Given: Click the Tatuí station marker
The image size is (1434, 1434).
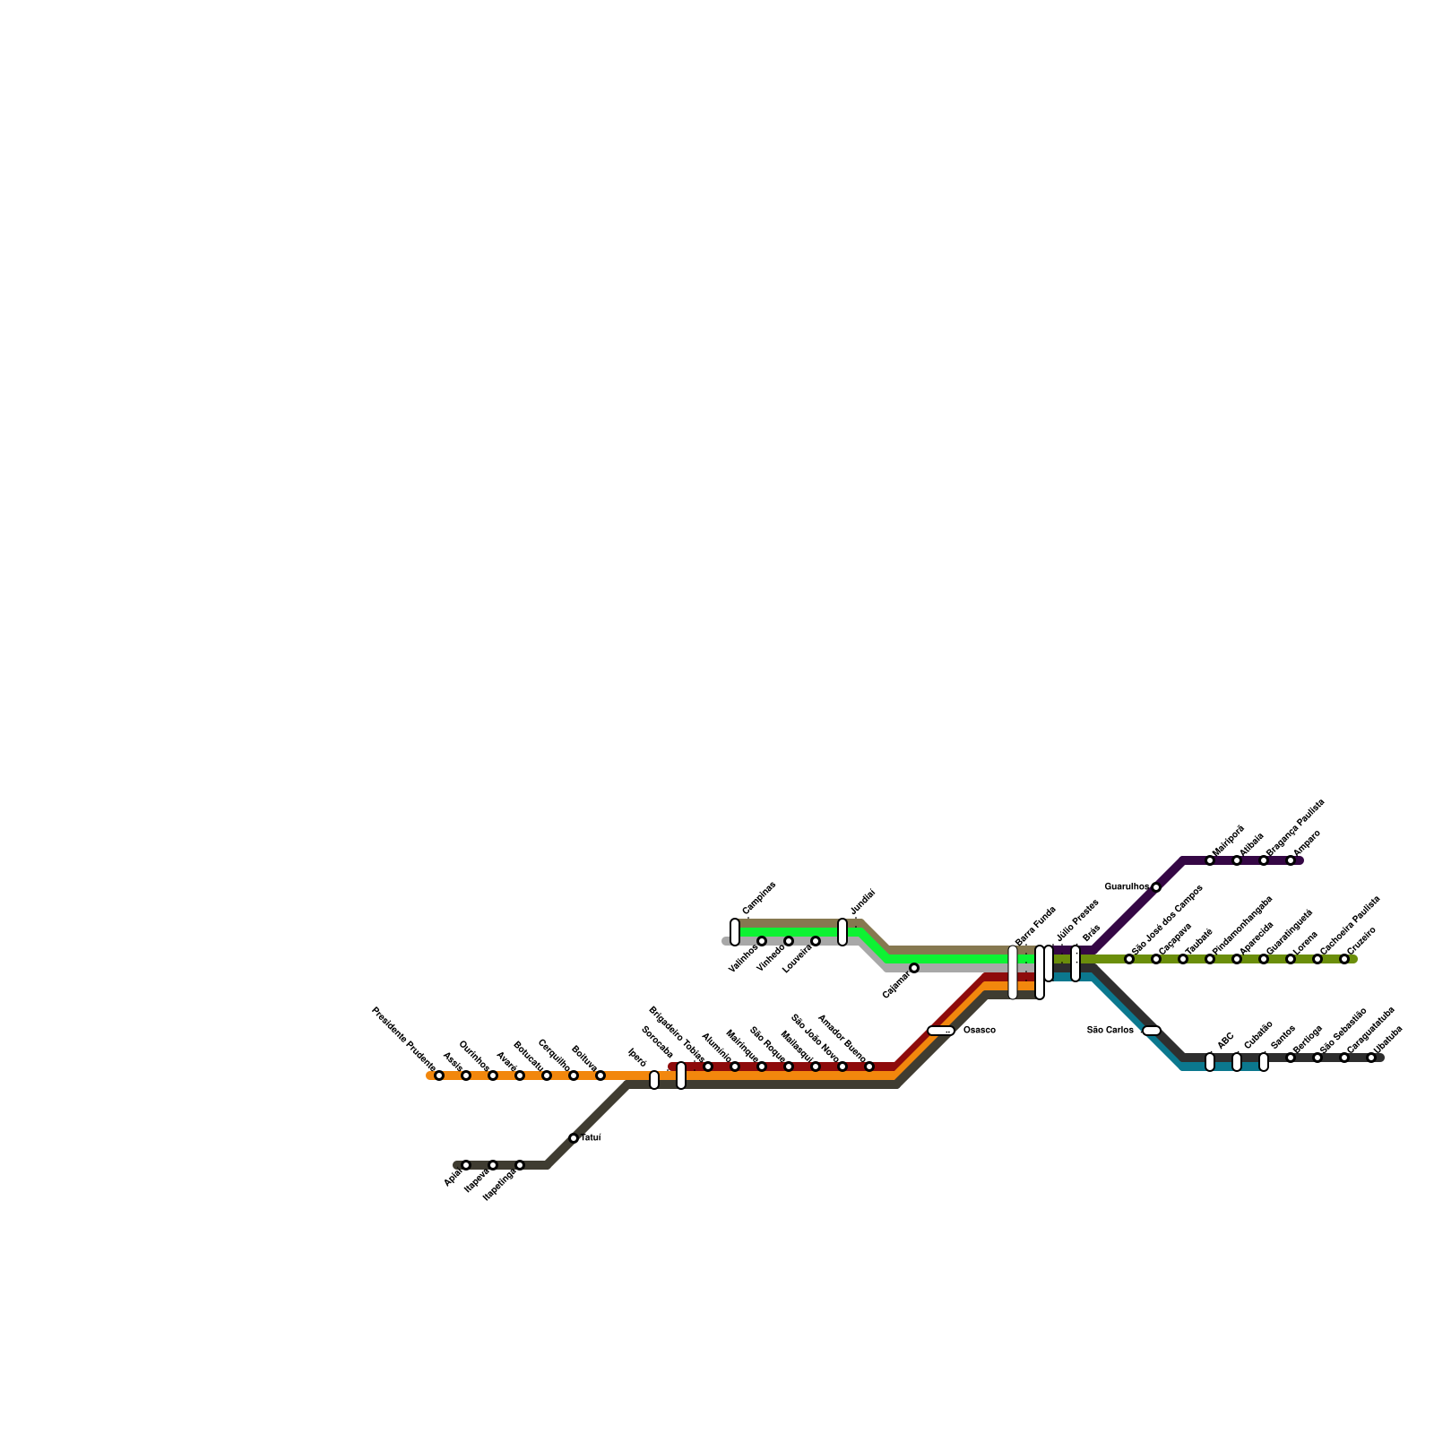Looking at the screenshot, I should click(574, 1138).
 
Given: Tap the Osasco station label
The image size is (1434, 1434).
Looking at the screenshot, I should click(979, 1031).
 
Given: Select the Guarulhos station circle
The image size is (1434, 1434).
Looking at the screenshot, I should click(1156, 887).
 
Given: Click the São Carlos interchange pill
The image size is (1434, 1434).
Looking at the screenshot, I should click(1152, 1031).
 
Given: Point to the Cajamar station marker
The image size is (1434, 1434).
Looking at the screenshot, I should click(914, 968).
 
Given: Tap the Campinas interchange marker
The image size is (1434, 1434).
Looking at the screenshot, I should click(735, 932).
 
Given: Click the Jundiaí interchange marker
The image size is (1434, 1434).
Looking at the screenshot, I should click(842, 932).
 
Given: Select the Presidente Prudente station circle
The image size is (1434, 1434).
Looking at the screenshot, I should click(439, 1075).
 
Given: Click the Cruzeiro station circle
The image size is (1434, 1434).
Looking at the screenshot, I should click(1344, 959).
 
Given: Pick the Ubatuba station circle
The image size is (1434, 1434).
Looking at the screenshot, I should click(1371, 1058).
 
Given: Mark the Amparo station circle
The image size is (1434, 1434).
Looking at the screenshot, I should click(1291, 860).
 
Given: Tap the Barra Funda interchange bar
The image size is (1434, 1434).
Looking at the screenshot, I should click(1013, 972).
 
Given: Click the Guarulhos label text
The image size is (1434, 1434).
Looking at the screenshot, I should click(1127, 887).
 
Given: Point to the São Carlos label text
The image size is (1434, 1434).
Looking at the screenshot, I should click(1110, 1031).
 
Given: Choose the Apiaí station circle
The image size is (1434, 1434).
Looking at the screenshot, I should click(466, 1165).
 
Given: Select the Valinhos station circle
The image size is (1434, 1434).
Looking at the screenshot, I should click(762, 941).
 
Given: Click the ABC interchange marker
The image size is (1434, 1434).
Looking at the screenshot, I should click(1210, 1062).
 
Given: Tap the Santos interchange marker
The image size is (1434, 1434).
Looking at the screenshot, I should click(1264, 1062).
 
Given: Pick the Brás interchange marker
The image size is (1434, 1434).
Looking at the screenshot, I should click(1075, 963).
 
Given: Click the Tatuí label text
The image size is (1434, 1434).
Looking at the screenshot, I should click(592, 1138).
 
